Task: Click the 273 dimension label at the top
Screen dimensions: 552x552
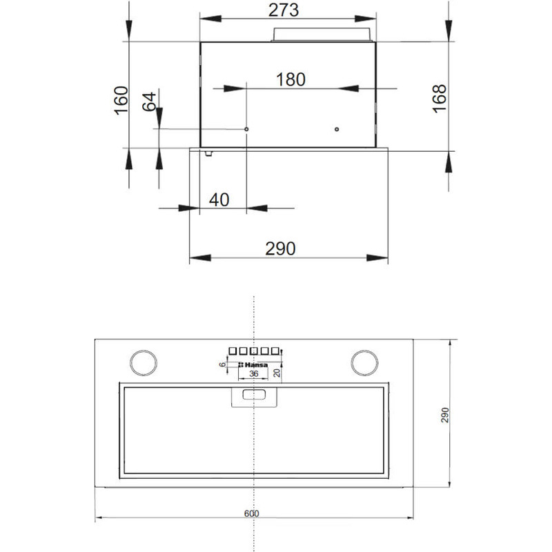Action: point(284,10)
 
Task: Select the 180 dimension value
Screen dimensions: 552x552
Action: point(290,79)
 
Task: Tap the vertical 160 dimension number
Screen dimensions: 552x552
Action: point(121,100)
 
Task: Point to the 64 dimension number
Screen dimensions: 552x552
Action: point(149,101)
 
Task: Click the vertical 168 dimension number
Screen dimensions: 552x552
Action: point(439,99)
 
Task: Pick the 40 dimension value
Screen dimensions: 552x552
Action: point(219,200)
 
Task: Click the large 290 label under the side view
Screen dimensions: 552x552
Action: point(280,248)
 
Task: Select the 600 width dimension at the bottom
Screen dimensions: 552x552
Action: point(251,513)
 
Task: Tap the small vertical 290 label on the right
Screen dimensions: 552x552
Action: point(445,415)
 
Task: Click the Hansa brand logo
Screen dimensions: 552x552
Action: point(253,365)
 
